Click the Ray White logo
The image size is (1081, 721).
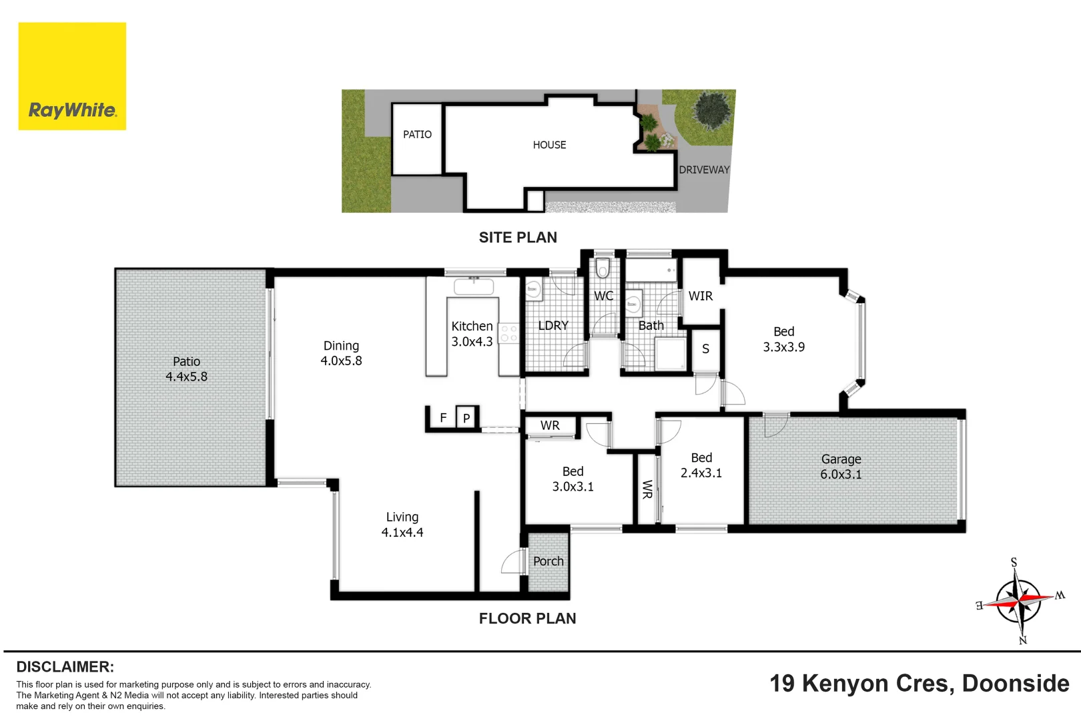(72, 76)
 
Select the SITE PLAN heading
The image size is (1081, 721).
(518, 238)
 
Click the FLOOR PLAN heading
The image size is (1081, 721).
(527, 619)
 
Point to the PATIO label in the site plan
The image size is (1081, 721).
(417, 135)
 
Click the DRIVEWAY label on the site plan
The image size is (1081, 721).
(704, 170)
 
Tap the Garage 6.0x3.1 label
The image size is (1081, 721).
(841, 467)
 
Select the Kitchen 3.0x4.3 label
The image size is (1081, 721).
(472, 334)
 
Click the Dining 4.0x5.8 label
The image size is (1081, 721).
(341, 353)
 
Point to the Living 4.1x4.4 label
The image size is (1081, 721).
(402, 525)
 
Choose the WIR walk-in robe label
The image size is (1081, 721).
(700, 296)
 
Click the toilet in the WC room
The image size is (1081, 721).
(603, 268)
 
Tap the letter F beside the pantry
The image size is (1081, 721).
(443, 418)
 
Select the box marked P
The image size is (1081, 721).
(466, 418)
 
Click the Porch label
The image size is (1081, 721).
(548, 561)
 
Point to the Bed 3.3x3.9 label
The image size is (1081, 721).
(783, 339)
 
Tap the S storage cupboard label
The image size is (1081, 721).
(705, 349)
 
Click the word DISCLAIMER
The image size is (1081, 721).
(65, 667)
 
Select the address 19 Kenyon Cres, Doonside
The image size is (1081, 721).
(919, 684)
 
